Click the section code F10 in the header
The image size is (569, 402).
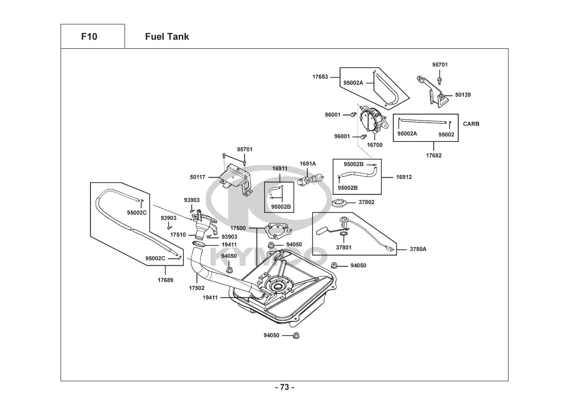[x=89, y=37]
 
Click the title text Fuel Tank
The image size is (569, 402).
[x=167, y=37]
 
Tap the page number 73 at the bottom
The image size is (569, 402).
[x=284, y=387]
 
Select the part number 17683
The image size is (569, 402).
[x=320, y=76]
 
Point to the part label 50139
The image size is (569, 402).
[x=463, y=95]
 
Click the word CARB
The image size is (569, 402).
[x=471, y=124]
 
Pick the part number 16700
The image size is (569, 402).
[x=375, y=145]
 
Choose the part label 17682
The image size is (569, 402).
[x=434, y=155]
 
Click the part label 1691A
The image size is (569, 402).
[x=308, y=164]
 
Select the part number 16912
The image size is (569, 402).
[x=404, y=177]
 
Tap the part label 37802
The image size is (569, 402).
[x=366, y=202]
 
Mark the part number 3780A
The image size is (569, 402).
[x=418, y=249]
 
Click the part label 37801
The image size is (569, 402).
[x=344, y=247]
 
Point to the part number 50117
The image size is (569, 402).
[x=197, y=176]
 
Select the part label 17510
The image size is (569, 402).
[x=178, y=234]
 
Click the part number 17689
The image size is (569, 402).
[x=165, y=280]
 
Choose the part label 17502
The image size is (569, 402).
[x=197, y=288]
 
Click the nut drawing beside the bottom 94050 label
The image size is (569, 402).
[x=296, y=335]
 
